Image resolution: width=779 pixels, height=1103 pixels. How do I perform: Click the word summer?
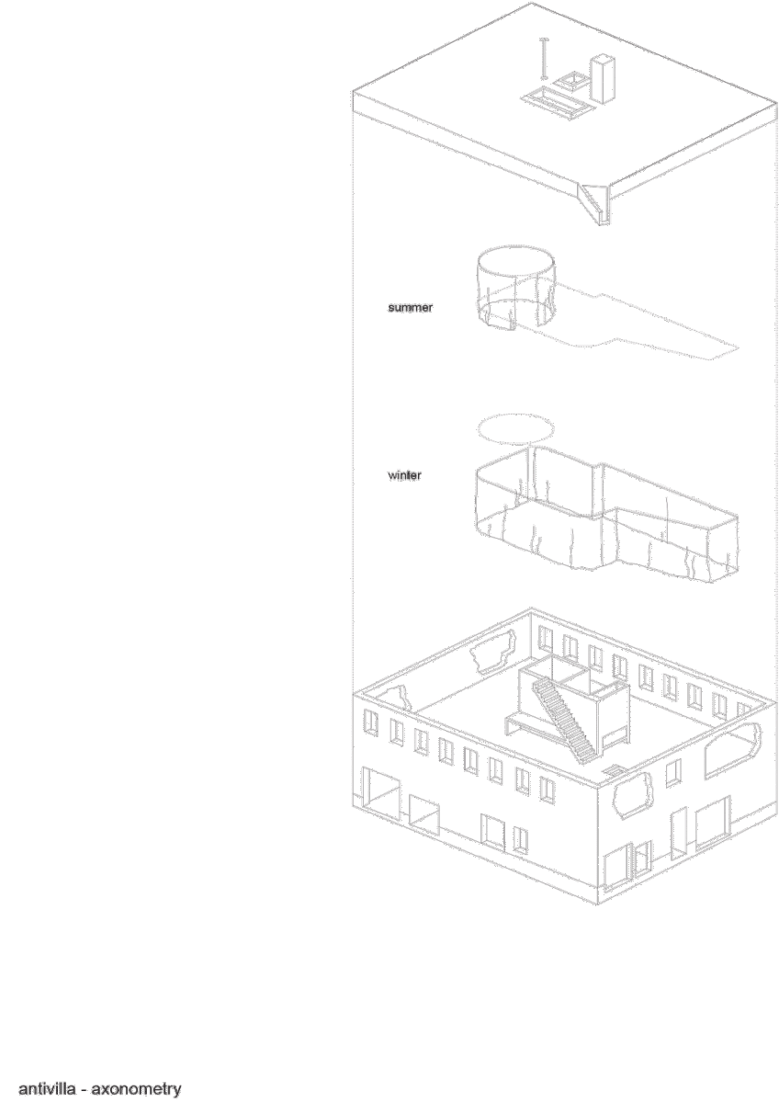[410, 307]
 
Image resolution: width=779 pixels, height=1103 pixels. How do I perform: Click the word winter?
[404, 475]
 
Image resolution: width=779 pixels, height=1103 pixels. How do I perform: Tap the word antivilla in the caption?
[47, 1088]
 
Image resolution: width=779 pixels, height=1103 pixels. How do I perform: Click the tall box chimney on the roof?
[602, 80]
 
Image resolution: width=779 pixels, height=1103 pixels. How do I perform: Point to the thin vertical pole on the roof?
[544, 58]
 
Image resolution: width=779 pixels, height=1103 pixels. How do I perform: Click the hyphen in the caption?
[84, 1090]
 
